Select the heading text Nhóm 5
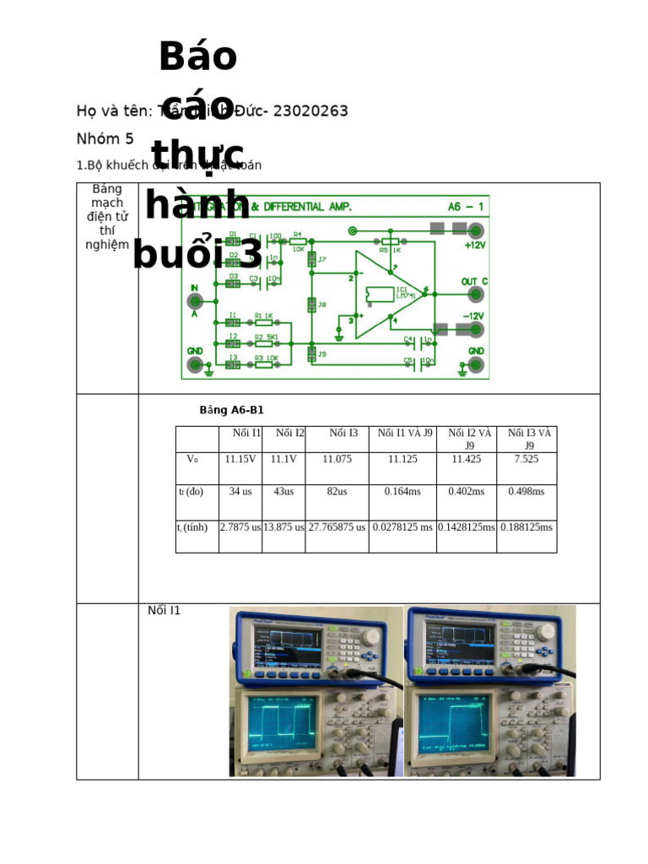pyautogui.click(x=105, y=139)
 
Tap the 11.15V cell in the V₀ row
pyautogui.click(x=240, y=460)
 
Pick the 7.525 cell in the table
pyautogui.click(x=526, y=460)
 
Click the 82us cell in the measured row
pyautogui.click(x=337, y=491)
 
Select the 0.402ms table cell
pyautogui.click(x=466, y=491)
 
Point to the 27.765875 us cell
pyautogui.click(x=337, y=527)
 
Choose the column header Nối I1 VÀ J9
pyautogui.click(x=405, y=434)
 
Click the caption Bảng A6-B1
pyautogui.click(x=231, y=411)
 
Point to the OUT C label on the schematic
pyautogui.click(x=474, y=281)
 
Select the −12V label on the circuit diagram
pyautogui.click(x=473, y=316)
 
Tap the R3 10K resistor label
pyautogui.click(x=263, y=359)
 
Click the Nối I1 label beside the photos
pyautogui.click(x=164, y=611)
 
